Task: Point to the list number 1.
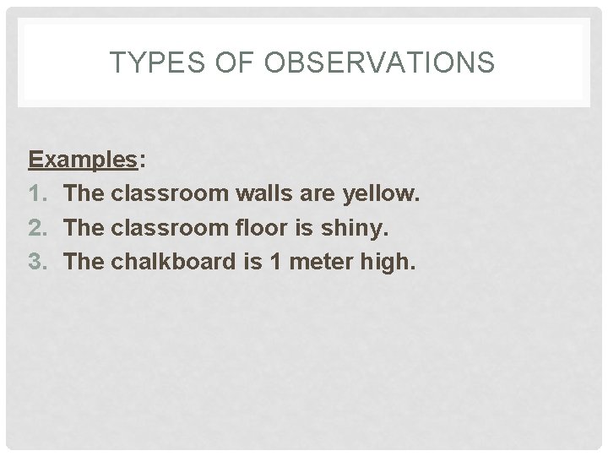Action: [36, 194]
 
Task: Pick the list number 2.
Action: [37, 228]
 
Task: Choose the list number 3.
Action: [37, 262]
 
